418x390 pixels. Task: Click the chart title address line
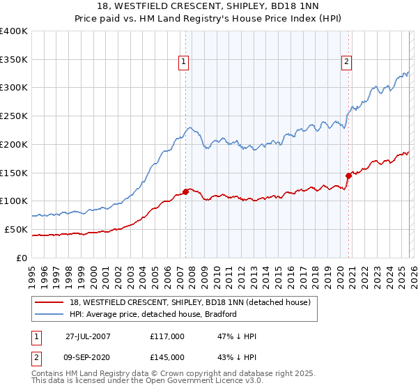coord(210,8)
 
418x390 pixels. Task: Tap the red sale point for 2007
coord(186,191)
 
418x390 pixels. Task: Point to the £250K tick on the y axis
coord(14,116)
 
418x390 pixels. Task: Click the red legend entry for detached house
coord(194,302)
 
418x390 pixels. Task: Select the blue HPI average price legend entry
coord(153,314)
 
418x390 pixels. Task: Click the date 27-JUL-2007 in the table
coord(88,336)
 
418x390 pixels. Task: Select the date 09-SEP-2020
coord(88,357)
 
